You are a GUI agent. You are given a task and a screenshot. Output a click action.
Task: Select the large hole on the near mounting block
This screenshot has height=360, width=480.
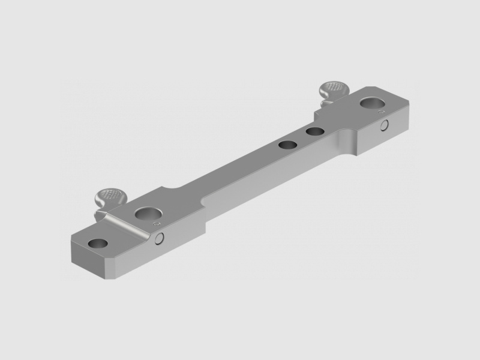click(145, 214)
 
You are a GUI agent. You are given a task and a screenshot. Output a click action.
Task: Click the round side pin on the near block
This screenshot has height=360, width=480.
click(160, 239)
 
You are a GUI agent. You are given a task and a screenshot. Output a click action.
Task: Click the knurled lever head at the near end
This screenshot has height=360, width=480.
click(109, 195)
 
